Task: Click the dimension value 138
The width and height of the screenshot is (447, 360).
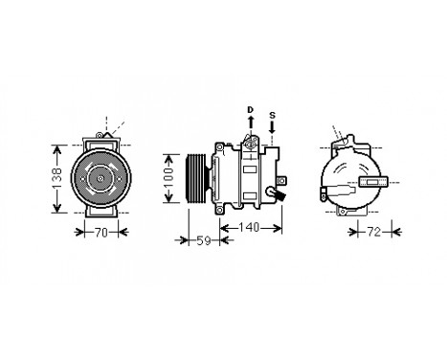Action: pos(57,177)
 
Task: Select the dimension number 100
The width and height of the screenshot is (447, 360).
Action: pos(169,178)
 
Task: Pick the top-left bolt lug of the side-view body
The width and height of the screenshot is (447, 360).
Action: pos(221,146)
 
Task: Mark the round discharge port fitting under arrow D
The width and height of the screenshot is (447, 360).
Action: pos(252,144)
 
